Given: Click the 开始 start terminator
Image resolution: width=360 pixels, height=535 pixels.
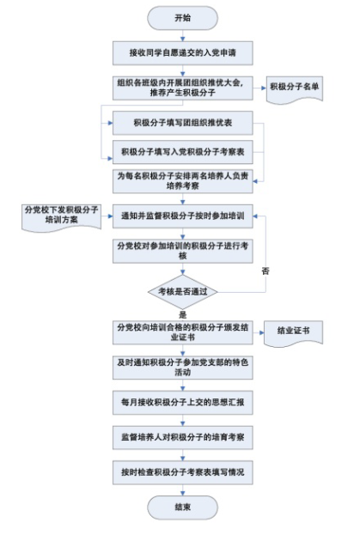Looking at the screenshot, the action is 182,18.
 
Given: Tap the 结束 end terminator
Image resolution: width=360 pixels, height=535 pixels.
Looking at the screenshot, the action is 182,508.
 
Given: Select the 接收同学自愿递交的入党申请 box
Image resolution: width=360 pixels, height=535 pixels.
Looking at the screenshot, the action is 182,53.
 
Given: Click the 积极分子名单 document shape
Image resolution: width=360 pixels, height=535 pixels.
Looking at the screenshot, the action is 294,88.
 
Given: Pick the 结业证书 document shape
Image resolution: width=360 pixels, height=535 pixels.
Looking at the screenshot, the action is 293,332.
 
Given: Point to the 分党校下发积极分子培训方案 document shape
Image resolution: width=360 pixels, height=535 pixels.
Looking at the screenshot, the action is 61,216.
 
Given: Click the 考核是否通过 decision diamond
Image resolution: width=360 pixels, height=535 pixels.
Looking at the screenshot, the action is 182,292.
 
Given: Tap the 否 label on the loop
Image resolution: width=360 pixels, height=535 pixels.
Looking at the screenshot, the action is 265,271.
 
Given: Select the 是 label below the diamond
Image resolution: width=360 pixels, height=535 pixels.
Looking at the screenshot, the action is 182,314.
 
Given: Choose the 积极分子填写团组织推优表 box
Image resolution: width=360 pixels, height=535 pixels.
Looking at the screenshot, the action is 182,123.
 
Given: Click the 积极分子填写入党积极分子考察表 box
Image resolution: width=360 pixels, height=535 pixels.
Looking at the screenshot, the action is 182,152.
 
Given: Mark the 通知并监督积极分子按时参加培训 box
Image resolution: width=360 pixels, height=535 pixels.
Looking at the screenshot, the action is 182,216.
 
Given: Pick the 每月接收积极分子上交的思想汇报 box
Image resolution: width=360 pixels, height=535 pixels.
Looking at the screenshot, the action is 182,403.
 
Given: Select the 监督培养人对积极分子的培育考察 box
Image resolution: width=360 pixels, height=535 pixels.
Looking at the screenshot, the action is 182,437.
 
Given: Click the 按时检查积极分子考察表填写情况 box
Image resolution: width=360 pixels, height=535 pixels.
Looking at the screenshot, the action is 182,472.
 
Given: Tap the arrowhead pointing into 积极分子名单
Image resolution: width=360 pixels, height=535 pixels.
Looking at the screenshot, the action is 264,88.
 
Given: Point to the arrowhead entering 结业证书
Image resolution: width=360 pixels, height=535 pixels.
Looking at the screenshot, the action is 262,332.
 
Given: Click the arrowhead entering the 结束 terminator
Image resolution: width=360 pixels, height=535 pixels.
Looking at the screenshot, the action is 182,494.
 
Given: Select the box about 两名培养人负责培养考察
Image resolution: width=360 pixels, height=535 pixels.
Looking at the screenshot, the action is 182,181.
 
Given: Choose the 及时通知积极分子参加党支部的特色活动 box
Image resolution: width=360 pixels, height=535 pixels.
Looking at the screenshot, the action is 182,368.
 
